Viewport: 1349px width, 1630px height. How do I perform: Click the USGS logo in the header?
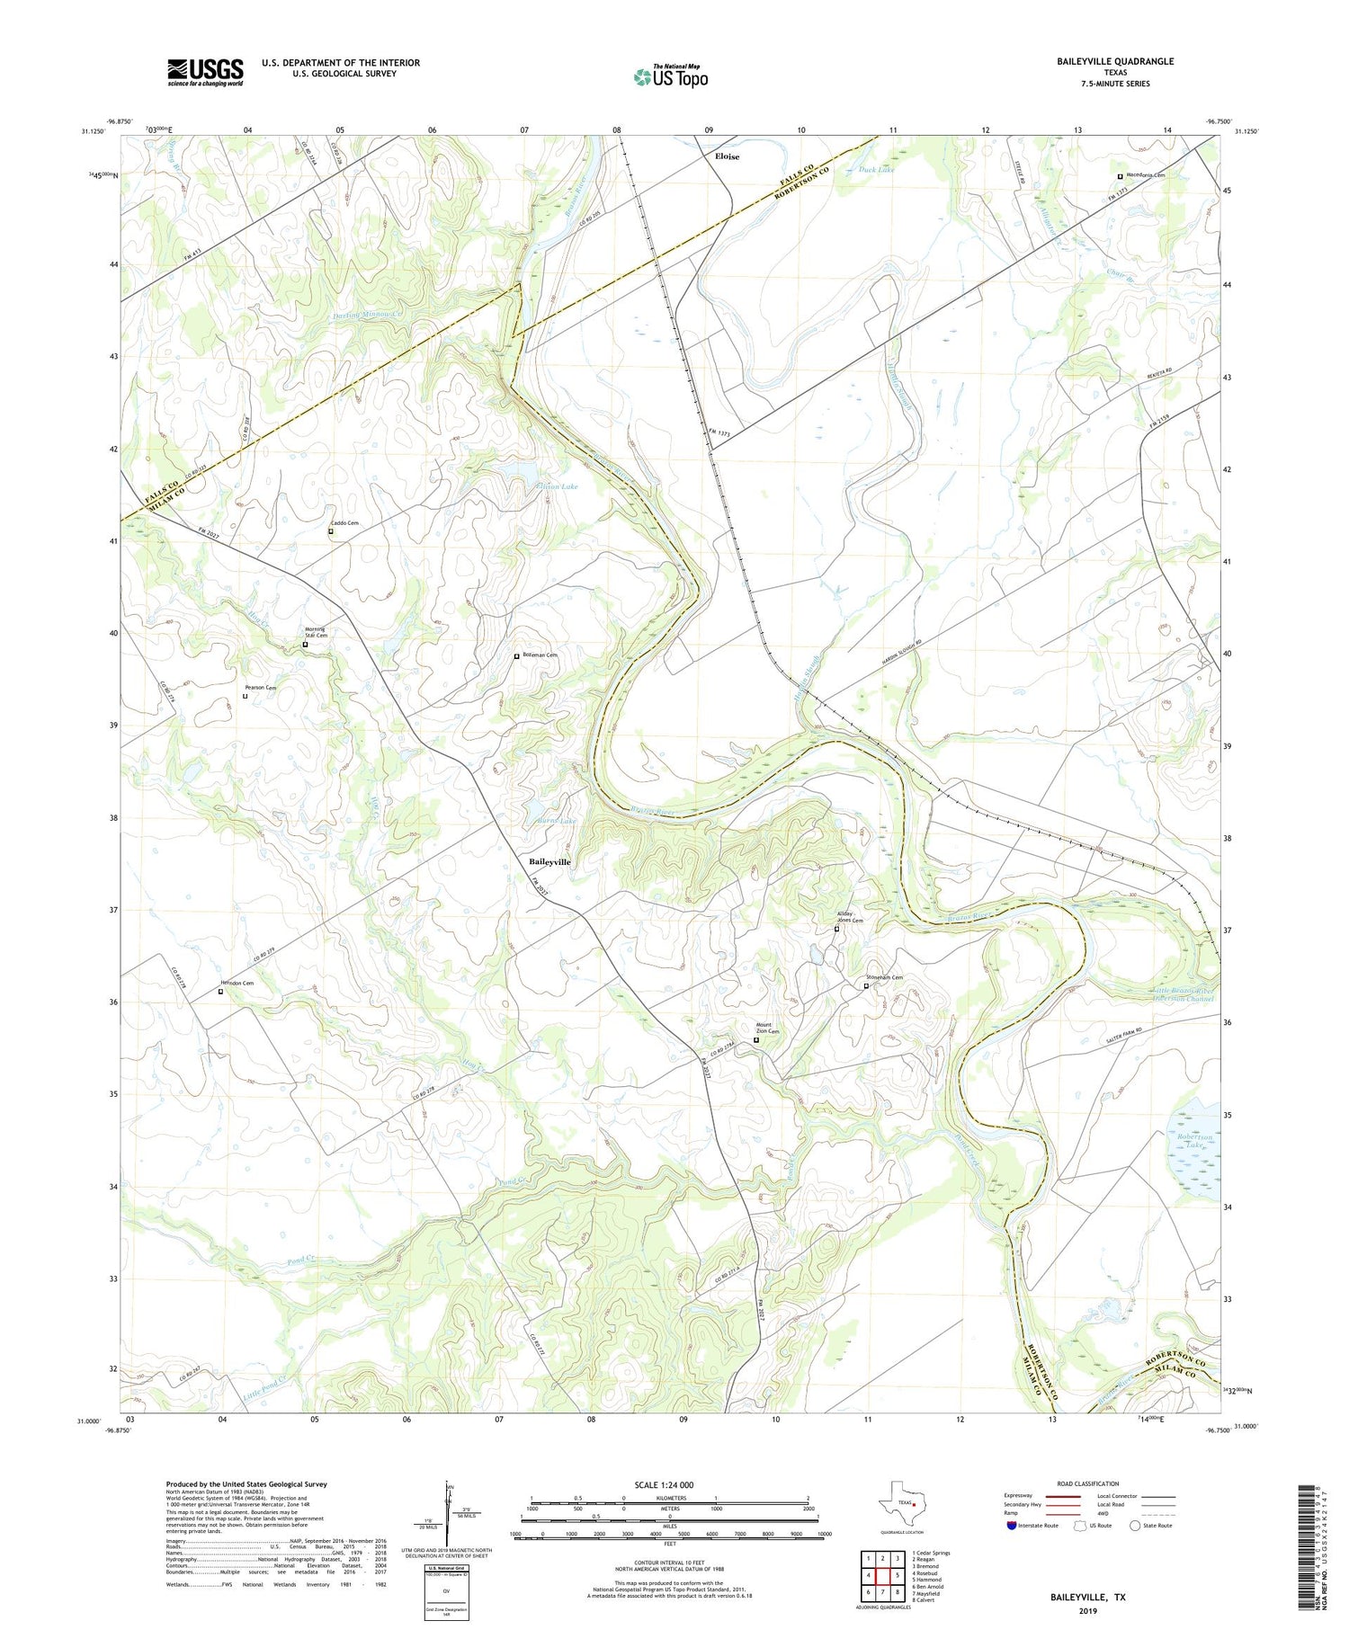pos(205,72)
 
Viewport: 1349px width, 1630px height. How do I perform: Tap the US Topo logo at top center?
pos(670,76)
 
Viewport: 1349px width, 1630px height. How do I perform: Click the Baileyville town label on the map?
pos(549,861)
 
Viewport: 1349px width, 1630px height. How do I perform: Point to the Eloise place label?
pos(727,156)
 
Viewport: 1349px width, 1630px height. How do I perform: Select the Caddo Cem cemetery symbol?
pos(330,531)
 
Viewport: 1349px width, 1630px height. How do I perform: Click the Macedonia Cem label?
pos(1145,175)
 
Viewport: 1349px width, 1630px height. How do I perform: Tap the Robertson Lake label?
pos(1194,1141)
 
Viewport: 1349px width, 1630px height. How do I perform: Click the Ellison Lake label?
pos(558,486)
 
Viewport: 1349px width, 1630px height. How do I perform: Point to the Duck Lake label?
pos(876,169)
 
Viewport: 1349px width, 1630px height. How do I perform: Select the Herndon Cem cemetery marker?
pos(220,992)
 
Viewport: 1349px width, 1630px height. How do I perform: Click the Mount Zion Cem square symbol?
pos(756,1040)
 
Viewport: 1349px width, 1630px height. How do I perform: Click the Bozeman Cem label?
pos(540,655)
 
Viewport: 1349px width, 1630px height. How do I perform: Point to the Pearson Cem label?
pos(259,688)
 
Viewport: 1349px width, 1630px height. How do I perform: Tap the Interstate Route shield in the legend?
pos(1012,1526)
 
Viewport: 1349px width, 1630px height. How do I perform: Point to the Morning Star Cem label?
pos(315,632)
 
